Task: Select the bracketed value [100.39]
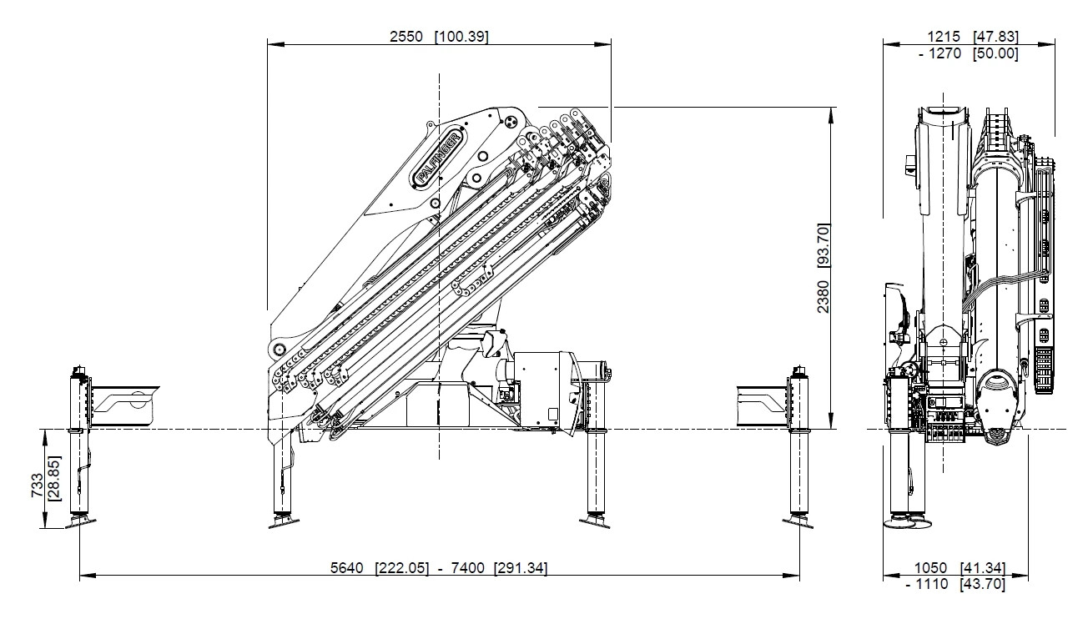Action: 461,37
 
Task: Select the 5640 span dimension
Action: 347,568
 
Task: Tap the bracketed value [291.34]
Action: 521,568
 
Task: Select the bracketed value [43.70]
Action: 983,585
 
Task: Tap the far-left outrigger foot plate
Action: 81,522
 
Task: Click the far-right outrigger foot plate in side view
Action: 798,522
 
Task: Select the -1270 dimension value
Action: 939,53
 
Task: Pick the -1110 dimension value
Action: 927,585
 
